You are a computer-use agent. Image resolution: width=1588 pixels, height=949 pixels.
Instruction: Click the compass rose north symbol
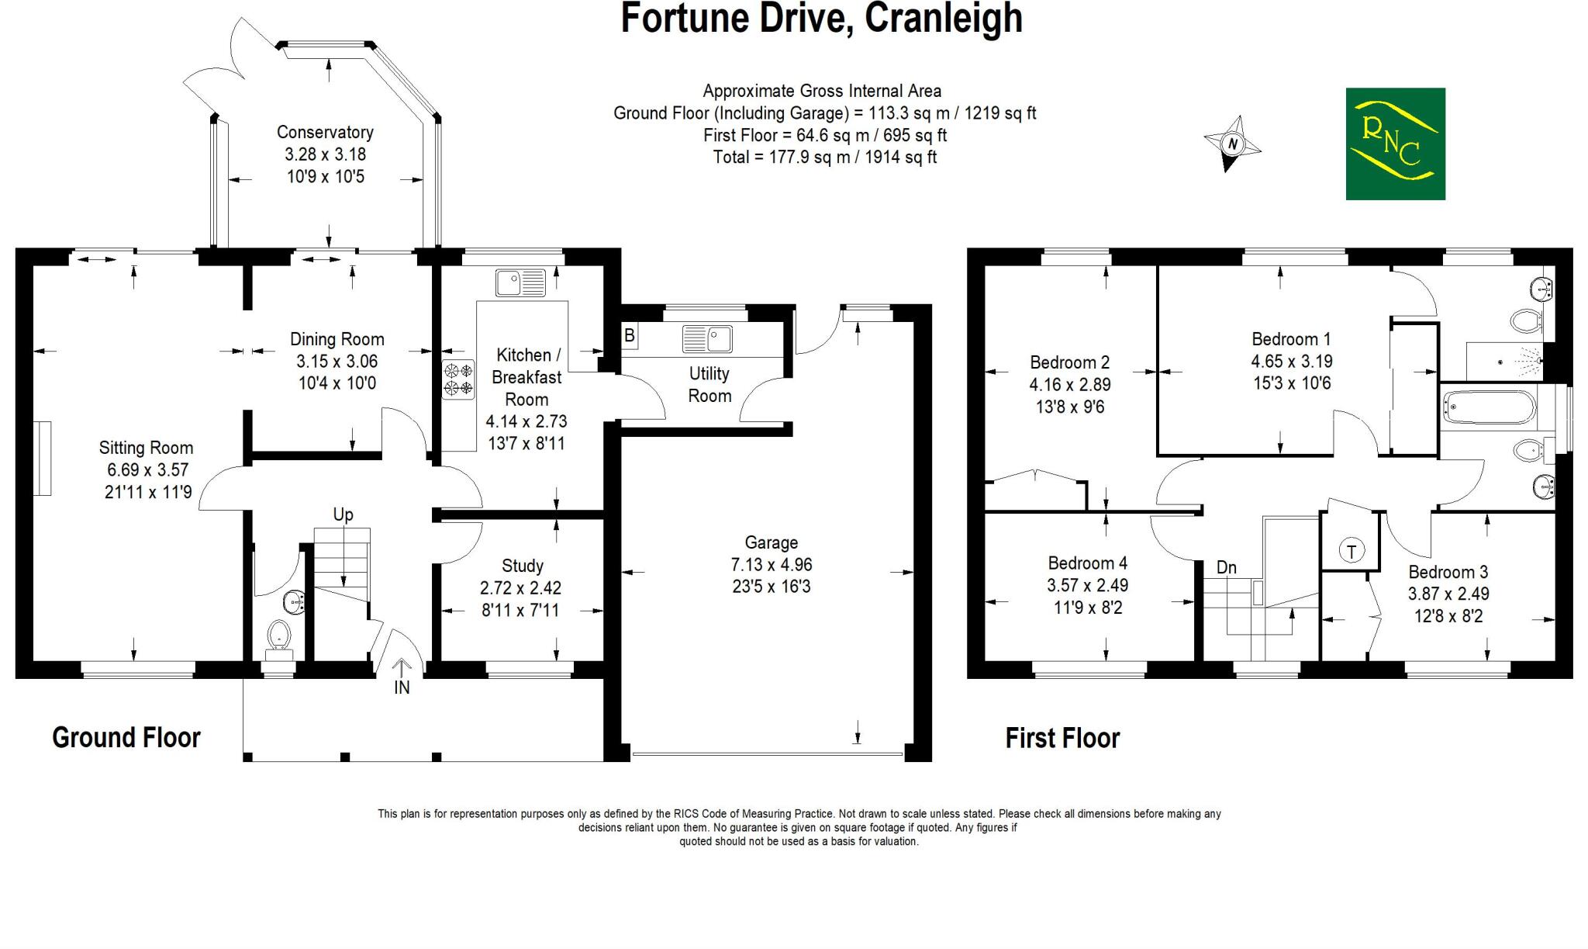(x=1231, y=144)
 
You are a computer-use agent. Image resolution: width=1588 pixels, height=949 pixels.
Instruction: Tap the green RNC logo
(x=1395, y=144)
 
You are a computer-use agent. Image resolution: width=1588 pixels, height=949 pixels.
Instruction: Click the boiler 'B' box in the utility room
(x=630, y=336)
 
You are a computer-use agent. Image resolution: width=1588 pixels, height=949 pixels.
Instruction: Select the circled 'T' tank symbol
(x=1352, y=551)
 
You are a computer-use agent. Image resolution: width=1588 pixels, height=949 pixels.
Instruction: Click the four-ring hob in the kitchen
(x=457, y=379)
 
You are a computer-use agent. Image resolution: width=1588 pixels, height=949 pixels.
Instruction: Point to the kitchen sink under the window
(x=521, y=283)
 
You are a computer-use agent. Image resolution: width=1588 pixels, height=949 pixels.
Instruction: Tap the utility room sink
(x=707, y=339)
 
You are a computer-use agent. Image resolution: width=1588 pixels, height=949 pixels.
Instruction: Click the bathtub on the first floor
(x=1489, y=407)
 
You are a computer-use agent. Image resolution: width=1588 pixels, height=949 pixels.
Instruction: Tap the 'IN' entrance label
(x=402, y=688)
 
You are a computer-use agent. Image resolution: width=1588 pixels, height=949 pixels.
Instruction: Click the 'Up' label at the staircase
(x=343, y=514)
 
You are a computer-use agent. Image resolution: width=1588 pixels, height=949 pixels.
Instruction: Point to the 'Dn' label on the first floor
(x=1226, y=567)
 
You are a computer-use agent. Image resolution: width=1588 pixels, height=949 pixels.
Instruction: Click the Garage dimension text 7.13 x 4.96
(x=771, y=565)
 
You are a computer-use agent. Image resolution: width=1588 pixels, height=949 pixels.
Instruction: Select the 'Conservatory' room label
(x=325, y=133)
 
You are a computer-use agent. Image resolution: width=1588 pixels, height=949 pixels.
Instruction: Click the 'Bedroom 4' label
(x=1087, y=563)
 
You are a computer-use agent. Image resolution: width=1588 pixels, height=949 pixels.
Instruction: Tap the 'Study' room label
(x=522, y=566)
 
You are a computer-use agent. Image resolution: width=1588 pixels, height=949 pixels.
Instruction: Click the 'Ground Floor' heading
(x=126, y=737)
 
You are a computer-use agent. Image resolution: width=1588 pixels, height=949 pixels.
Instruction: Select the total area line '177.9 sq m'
(x=824, y=158)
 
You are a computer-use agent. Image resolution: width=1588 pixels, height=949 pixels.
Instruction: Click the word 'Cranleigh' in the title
(x=943, y=19)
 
